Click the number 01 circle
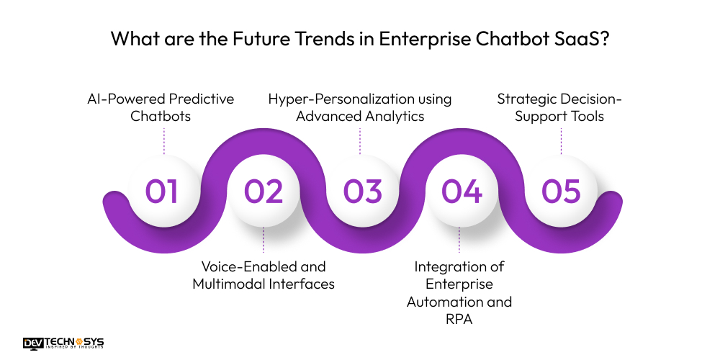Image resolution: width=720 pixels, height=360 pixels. click(162, 191)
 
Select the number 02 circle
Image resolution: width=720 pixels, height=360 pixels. click(263, 191)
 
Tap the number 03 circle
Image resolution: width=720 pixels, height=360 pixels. click(362, 191)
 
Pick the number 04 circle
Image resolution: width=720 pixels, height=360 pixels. click(462, 191)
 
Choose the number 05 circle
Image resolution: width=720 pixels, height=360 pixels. click(561, 191)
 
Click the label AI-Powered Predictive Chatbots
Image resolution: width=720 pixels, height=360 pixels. click(161, 107)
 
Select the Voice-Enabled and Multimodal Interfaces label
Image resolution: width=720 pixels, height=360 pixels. click(264, 275)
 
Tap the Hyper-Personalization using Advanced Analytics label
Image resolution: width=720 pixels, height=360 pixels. click(360, 107)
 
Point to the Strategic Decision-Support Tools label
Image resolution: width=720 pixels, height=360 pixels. click(559, 107)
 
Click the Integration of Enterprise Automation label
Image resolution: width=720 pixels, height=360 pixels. click(459, 284)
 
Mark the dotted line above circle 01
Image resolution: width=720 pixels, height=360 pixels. click(164, 141)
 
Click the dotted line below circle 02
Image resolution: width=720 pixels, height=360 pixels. click(264, 240)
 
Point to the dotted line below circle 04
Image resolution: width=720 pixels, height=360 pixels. click(459, 240)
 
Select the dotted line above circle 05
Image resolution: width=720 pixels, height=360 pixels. click(561, 141)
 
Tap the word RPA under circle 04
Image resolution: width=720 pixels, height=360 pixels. click(459, 319)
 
